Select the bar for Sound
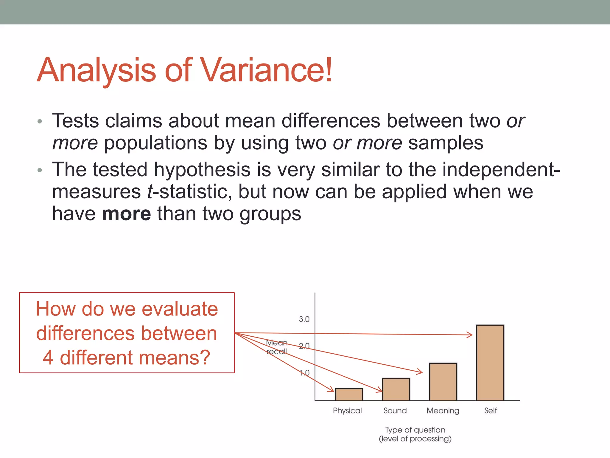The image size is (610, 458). point(396,389)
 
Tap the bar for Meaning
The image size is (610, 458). point(443,382)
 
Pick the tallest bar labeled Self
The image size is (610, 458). point(490,363)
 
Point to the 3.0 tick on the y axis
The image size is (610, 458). point(304,319)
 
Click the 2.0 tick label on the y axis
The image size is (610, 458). point(304,346)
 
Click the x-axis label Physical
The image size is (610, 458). point(347,411)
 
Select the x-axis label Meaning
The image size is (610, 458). point(443,411)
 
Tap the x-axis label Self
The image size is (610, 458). point(490,411)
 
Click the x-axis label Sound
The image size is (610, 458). point(395,411)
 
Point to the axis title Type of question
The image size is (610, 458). point(415,430)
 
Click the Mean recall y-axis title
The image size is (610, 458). point(277,347)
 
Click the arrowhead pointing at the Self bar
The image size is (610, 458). point(470,335)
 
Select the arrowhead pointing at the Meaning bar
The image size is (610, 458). point(420,372)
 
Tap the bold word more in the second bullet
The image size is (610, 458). point(126,214)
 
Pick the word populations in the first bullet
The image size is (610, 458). point(155,143)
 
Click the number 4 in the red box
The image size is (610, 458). point(48,358)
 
